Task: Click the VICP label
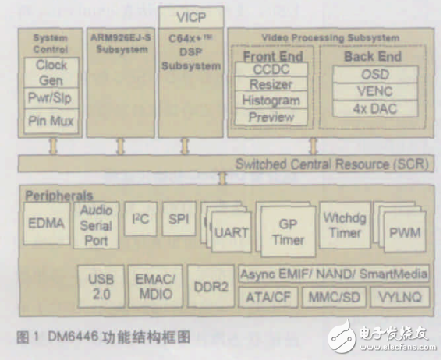click(x=191, y=16)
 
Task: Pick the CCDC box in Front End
click(x=271, y=70)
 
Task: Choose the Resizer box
click(x=271, y=86)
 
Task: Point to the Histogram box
click(x=271, y=101)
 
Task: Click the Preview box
click(x=271, y=117)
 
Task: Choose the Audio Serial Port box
click(x=97, y=225)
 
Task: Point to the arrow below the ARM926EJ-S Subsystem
click(x=121, y=146)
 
